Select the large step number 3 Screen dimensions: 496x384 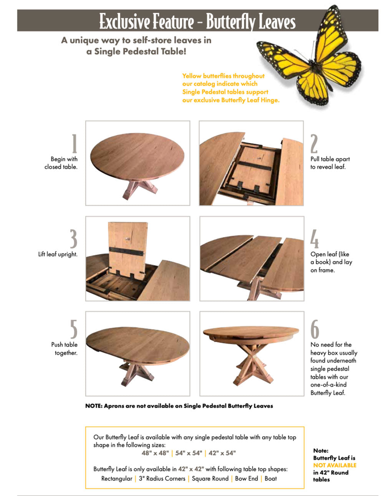point(73,239)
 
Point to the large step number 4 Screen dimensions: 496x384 point(314,239)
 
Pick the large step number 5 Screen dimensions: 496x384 point(73,330)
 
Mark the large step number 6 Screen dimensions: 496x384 point(314,330)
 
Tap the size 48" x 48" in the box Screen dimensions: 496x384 point(155,453)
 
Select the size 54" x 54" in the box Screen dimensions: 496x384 point(188,453)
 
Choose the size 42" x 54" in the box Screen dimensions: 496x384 point(222,453)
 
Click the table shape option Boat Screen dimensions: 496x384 point(270,479)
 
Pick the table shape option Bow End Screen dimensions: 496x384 point(246,479)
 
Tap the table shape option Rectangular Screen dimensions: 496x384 point(116,479)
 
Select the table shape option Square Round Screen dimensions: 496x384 point(210,479)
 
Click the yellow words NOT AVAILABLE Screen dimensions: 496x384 point(334,465)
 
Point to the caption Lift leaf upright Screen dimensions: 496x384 point(58,254)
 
